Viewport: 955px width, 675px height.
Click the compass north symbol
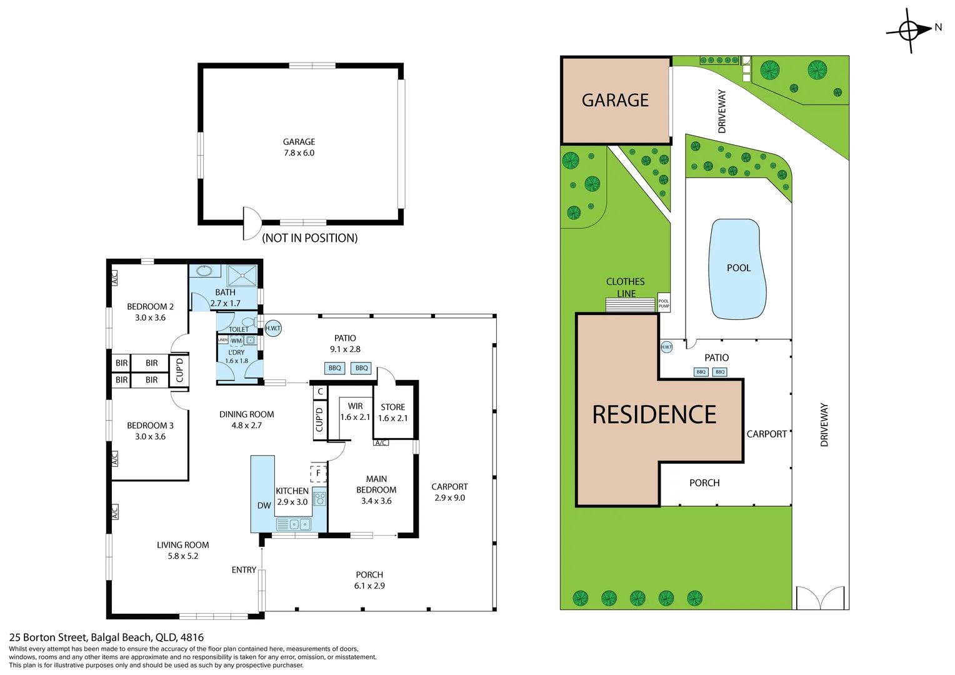[909, 30]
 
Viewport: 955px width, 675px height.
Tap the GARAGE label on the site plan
[615, 101]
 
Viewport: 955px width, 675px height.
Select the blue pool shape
[737, 269]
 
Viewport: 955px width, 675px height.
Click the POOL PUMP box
[664, 303]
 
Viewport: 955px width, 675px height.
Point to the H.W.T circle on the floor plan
[273, 328]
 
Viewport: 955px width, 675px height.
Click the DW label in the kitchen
[264, 505]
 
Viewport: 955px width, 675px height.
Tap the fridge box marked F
[318, 473]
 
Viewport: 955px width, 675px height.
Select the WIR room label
[355, 406]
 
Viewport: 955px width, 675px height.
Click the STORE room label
[392, 407]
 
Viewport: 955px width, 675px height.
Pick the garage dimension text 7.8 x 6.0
[299, 153]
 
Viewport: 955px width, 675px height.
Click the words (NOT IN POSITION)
[309, 238]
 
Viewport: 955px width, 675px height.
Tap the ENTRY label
[244, 570]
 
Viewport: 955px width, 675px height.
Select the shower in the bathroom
[241, 276]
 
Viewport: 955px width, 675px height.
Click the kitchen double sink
[293, 524]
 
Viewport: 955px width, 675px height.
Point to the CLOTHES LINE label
[626, 287]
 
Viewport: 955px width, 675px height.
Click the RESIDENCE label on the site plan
[654, 415]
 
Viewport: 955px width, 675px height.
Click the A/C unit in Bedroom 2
[114, 277]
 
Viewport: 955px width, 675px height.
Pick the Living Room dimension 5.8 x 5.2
[182, 556]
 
